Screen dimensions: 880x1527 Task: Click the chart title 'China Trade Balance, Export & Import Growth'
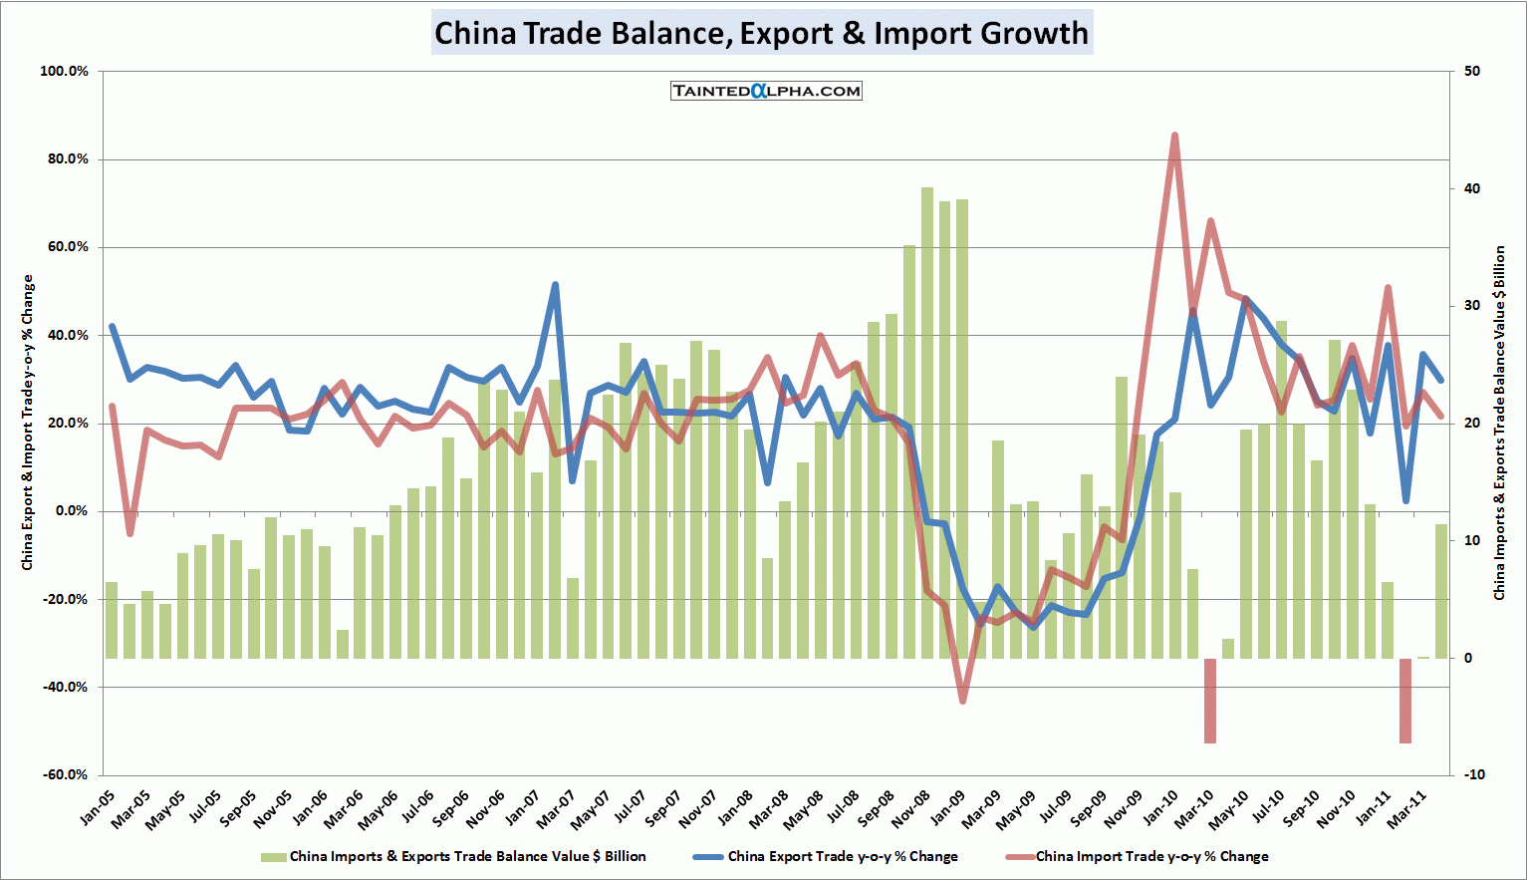[762, 33]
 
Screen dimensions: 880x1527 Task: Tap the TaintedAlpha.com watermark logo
[766, 91]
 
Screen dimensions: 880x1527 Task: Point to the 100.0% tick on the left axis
[64, 72]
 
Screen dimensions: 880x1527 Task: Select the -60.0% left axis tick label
[64, 775]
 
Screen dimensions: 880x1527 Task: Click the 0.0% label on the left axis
[71, 511]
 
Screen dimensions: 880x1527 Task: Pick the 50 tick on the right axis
[1472, 72]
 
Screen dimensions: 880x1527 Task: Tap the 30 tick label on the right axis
[1472, 306]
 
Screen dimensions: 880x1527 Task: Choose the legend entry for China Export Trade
[825, 856]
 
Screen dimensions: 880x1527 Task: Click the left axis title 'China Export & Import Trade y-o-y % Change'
[28, 423]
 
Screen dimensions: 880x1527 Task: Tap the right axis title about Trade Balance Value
[1499, 423]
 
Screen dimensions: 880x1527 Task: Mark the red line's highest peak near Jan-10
[1174, 136]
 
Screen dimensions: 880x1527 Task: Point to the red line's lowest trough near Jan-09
[962, 701]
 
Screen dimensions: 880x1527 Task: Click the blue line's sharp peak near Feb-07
[555, 285]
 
